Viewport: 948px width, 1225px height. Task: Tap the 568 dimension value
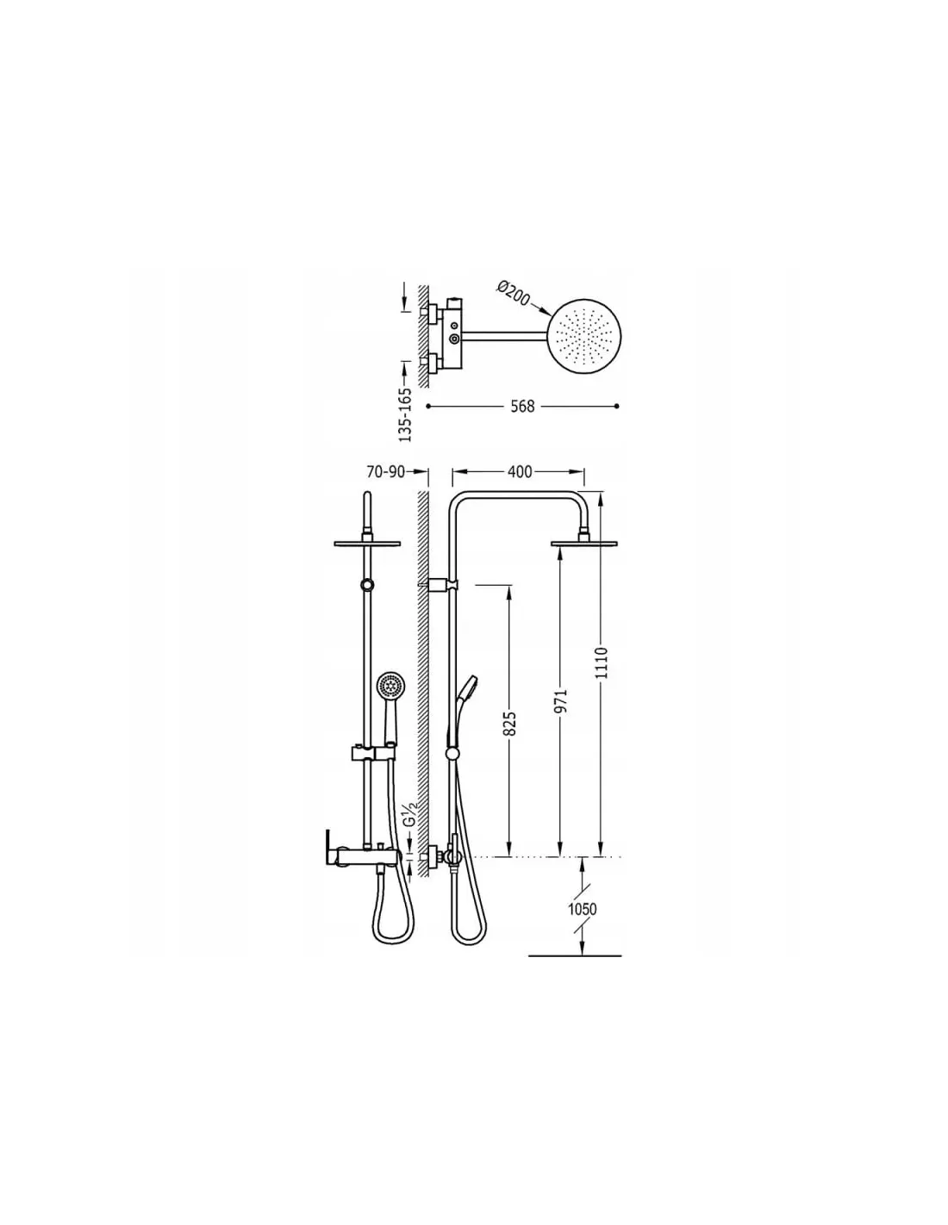[522, 406]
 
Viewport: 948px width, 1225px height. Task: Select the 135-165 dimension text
[405, 414]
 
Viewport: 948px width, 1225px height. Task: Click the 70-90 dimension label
[386, 471]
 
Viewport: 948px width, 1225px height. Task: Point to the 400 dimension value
[520, 471]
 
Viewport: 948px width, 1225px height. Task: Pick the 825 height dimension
[510, 724]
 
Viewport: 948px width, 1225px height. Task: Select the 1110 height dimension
[602, 663]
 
